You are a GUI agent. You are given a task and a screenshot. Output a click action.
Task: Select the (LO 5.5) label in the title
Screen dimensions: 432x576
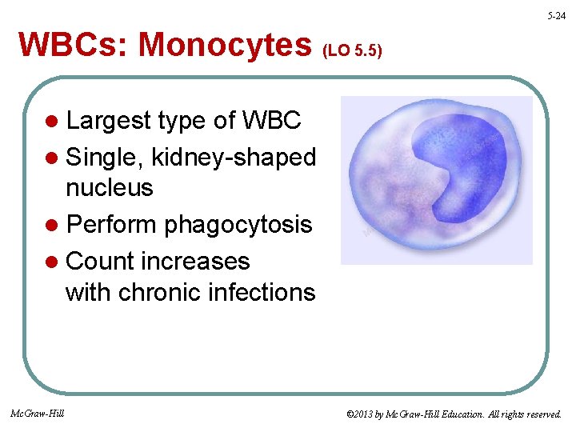(352, 51)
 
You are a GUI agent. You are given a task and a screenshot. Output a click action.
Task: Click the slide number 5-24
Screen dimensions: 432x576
(558, 16)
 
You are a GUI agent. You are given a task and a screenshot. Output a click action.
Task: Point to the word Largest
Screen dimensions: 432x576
(109, 121)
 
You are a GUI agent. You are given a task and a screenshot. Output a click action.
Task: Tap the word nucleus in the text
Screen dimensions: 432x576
(109, 187)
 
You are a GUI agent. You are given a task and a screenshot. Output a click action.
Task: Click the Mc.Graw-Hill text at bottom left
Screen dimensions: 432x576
(38, 413)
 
